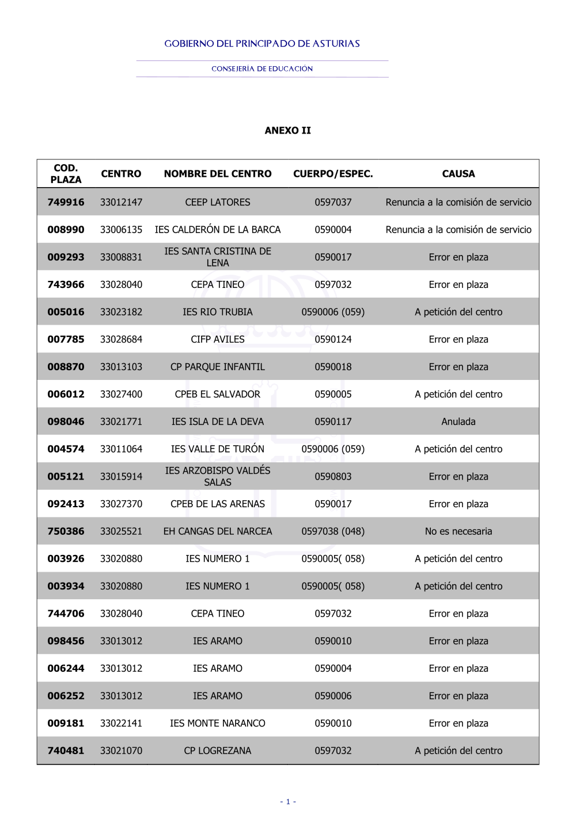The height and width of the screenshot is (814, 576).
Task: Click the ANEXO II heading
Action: [287, 131]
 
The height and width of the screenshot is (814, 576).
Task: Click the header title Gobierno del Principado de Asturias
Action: [262, 44]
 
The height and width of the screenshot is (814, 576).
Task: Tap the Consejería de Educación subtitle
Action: [262, 69]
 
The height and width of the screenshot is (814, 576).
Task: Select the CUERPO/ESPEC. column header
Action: [333, 174]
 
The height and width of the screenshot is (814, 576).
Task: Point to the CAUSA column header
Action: [458, 174]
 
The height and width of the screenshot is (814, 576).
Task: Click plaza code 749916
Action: [66, 202]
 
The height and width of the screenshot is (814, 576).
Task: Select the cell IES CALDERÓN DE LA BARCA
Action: [218, 230]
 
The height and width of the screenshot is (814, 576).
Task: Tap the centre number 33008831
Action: [121, 257]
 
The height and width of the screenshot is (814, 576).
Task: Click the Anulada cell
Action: [458, 422]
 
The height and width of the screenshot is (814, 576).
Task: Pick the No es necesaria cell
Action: [458, 531]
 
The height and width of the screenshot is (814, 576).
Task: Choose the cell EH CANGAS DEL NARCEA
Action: [218, 531]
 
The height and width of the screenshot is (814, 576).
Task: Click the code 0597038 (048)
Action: [333, 531]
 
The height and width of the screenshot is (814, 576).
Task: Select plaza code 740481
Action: [66, 751]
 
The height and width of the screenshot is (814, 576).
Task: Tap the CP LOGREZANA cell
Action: [218, 751]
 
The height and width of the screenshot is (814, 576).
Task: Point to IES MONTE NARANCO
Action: [218, 723]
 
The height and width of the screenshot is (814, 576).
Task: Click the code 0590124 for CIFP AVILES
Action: [333, 340]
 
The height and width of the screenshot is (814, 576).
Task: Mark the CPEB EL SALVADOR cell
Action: [218, 394]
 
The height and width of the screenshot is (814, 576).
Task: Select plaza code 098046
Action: [66, 422]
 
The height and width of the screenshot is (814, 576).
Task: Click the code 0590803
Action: [333, 477]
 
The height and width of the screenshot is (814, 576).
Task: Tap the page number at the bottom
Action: [288, 801]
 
